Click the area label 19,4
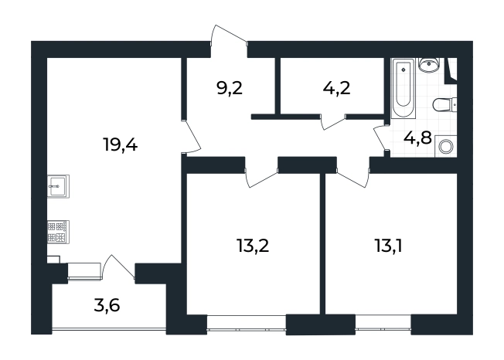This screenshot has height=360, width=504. click(x=121, y=144)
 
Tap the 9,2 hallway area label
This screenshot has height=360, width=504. click(x=230, y=88)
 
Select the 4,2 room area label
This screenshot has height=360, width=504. click(x=336, y=88)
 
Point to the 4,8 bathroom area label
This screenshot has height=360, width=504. click(x=417, y=138)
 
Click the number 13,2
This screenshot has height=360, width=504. click(x=252, y=246)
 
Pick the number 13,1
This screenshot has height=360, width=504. click(x=388, y=246)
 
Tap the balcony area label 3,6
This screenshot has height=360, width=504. click(x=107, y=305)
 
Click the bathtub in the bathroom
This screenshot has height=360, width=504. click(x=403, y=87)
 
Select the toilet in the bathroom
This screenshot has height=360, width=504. click(x=444, y=105)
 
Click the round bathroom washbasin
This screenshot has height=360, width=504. click(x=428, y=64)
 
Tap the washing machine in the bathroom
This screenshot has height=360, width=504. click(x=446, y=147)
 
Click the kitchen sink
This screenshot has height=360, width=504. click(x=59, y=186)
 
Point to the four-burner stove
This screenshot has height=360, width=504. click(x=59, y=232)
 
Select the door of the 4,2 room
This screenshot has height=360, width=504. click(x=333, y=123)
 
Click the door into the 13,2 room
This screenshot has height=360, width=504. click(x=261, y=178)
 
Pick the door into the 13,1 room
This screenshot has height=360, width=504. click(x=352, y=179)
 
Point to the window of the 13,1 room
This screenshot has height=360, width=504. click(x=383, y=322)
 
